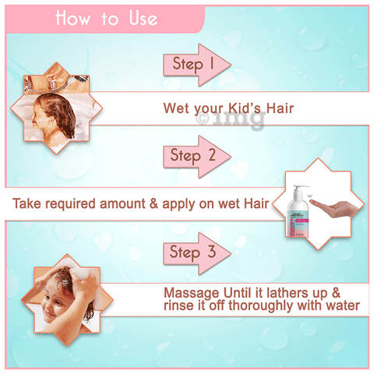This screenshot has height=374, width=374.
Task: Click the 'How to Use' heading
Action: (x=106, y=18)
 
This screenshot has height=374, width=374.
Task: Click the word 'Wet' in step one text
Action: (x=177, y=109)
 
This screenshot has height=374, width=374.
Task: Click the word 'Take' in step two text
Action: (x=27, y=205)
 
